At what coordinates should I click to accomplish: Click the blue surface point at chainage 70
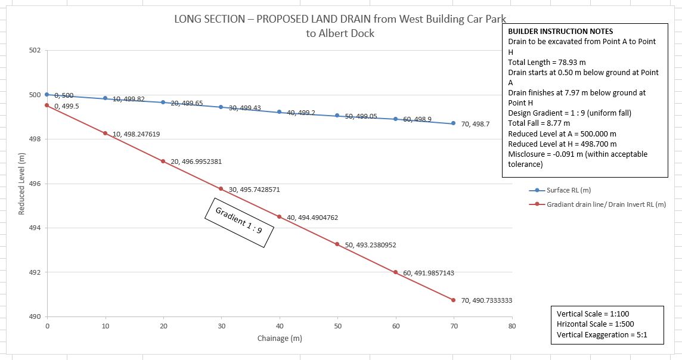click(x=453, y=123)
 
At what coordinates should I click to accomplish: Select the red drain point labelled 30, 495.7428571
click(x=221, y=189)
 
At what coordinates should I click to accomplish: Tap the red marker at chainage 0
click(x=47, y=105)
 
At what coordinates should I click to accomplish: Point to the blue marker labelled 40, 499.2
click(x=279, y=112)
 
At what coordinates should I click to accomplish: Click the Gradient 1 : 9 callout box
click(x=238, y=222)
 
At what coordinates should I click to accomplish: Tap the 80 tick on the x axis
click(x=511, y=327)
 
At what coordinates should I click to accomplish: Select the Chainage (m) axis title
click(x=279, y=339)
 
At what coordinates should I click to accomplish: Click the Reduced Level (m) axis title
click(x=21, y=184)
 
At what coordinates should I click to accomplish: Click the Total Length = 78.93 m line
click(x=547, y=62)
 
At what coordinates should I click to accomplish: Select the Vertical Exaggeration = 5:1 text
click(x=602, y=335)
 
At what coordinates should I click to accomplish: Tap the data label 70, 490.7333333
click(x=486, y=301)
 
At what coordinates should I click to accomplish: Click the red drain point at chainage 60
click(x=395, y=272)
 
